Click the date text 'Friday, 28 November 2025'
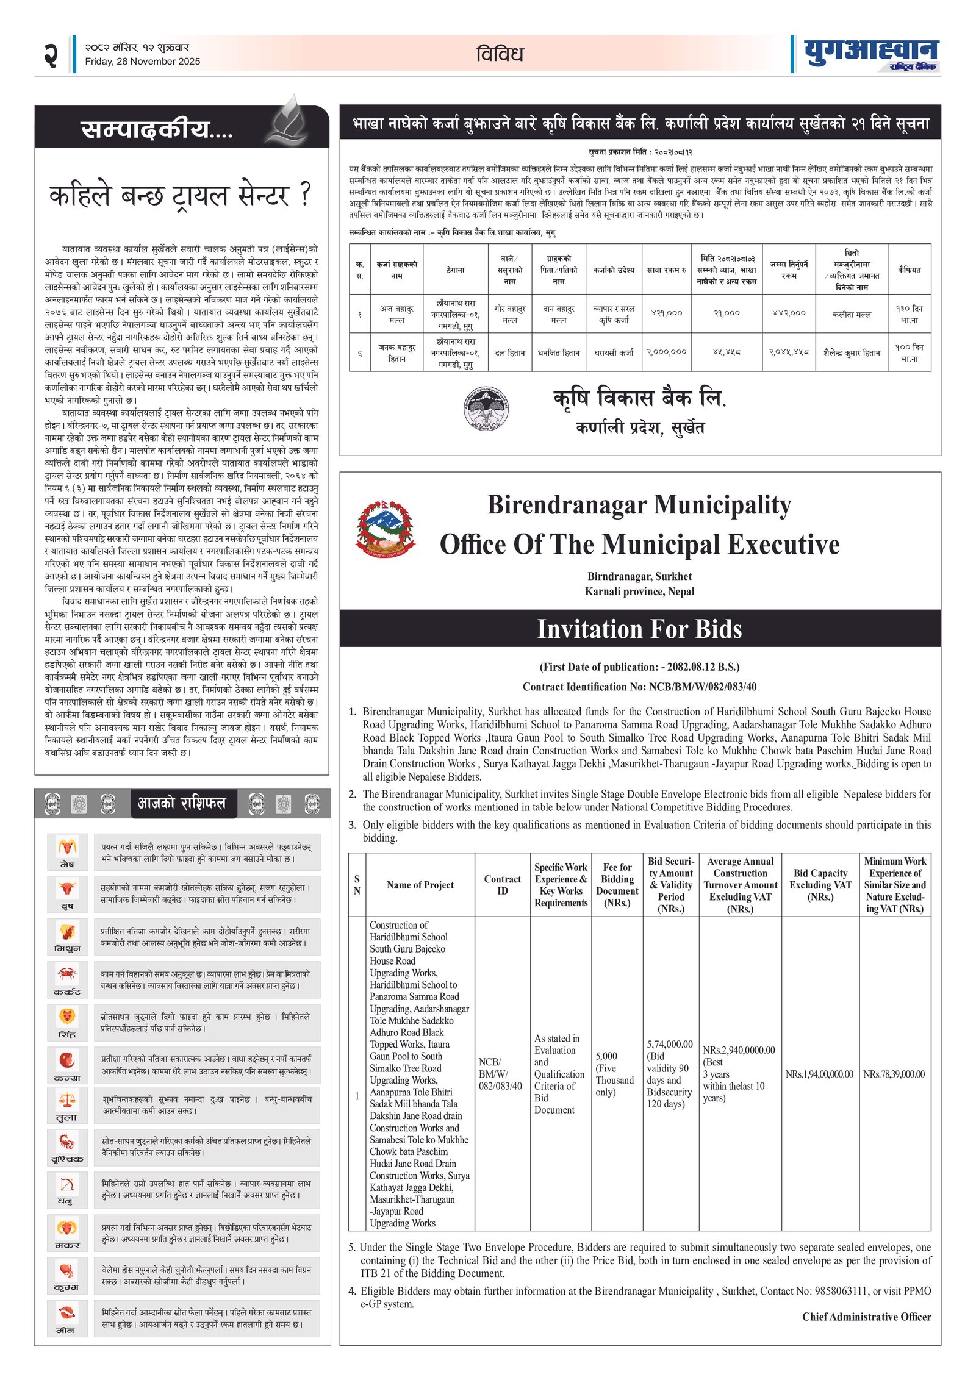142,61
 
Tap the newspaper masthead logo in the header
870,54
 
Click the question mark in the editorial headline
305,194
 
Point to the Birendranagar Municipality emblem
384,527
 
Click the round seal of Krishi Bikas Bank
486,409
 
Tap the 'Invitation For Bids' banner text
639,629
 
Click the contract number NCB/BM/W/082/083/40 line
639,687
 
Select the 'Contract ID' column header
502,885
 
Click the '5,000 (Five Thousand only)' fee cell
615,1073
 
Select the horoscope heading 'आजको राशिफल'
182,803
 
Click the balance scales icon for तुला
67,1100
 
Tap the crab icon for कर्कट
67,974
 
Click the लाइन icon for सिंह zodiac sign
67,1016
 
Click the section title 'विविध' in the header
500,54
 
